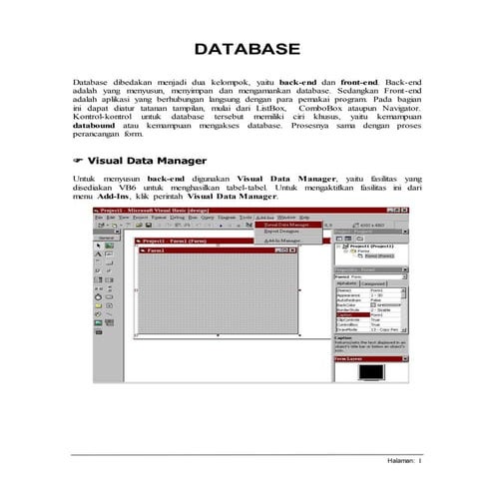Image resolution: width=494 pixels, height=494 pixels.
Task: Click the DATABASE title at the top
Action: click(247, 49)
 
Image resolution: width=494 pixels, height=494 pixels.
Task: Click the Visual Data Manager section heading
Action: click(147, 161)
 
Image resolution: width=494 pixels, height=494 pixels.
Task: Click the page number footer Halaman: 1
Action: click(403, 461)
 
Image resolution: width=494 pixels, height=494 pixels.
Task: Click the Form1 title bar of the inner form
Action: click(160, 250)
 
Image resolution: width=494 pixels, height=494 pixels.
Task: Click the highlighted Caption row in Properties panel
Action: click(348, 314)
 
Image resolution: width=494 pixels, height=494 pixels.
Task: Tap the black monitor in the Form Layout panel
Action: click(368, 369)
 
